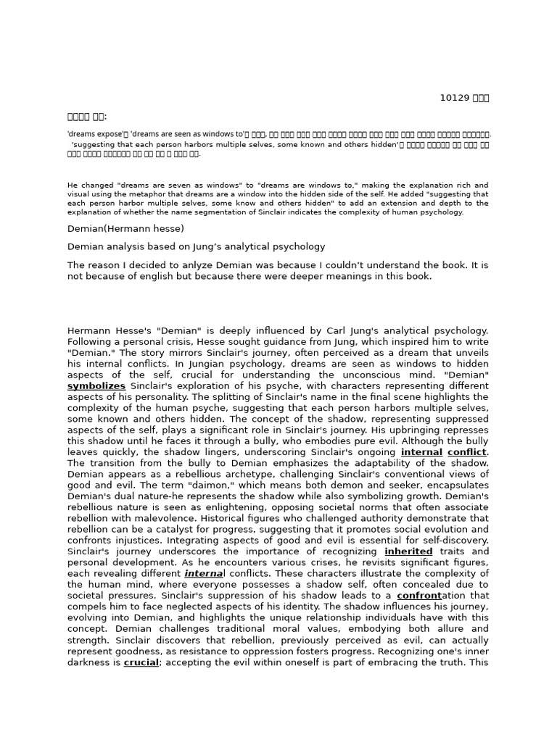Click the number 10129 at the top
pyautogui.click(x=454, y=98)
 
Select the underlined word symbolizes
pyautogui.click(x=96, y=386)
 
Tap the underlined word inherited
pyautogui.click(x=408, y=551)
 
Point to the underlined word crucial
pyautogui.click(x=141, y=662)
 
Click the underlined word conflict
pyautogui.click(x=467, y=452)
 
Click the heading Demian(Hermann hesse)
pyautogui.click(x=125, y=228)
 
